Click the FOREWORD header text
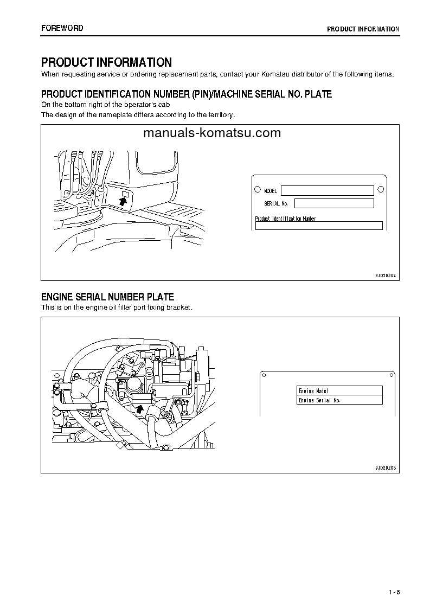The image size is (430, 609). pos(62,28)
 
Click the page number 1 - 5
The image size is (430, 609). pos(394,592)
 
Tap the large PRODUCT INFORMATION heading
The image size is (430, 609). pos(106,62)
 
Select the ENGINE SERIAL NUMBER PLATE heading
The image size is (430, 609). pos(107,297)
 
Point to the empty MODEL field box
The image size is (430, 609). pos(327,190)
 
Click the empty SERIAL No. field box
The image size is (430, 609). pos(334,203)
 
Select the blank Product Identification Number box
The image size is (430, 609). pos(319,226)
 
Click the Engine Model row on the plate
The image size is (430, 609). pos(340,390)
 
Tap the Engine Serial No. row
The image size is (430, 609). pos(340,400)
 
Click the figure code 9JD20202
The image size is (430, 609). pos(386,275)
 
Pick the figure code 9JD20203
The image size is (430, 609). pos(386,467)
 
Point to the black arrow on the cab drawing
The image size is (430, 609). pos(124,201)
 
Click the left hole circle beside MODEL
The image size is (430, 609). pos(257,190)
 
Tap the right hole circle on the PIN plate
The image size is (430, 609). pos(381,189)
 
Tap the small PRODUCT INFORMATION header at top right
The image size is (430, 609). pos(363,29)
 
